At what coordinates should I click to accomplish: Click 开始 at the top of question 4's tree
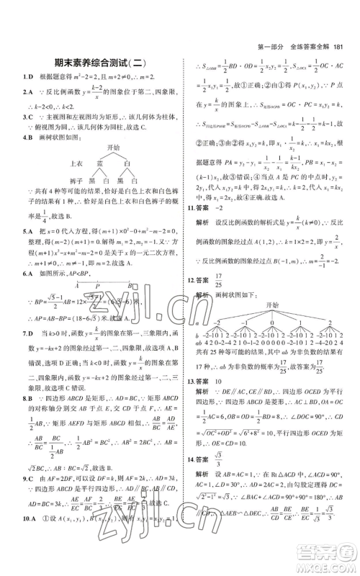coord(112,148)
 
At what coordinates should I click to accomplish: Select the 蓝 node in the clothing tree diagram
coord(102,163)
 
